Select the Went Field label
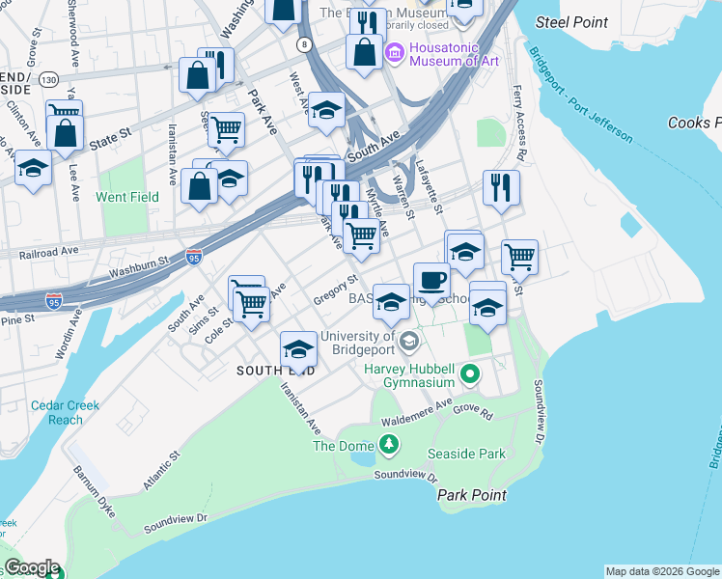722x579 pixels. tap(126, 197)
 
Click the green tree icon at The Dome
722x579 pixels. tap(388, 444)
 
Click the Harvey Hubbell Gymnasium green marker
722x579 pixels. tap(470, 373)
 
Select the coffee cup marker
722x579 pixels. tap(431, 280)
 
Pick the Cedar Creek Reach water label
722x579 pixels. tap(65, 412)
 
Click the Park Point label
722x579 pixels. tap(471, 494)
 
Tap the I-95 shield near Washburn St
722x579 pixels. tap(194, 258)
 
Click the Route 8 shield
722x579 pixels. tap(304, 44)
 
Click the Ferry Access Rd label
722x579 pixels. tap(520, 135)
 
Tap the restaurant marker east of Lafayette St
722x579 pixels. tap(500, 188)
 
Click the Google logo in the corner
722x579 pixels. tap(32, 567)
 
